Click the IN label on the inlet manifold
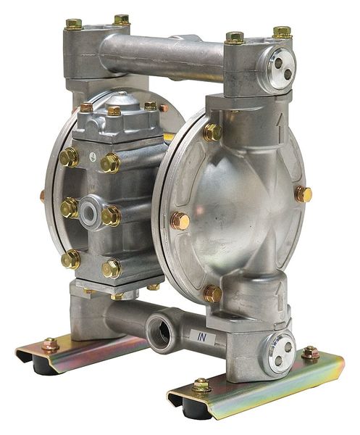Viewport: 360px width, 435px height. click(202, 337)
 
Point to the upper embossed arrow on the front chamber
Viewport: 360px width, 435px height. click(281, 126)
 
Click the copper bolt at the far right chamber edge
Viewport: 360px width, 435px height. click(304, 194)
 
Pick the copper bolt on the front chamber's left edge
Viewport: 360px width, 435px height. click(180, 221)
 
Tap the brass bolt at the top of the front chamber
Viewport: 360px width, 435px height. click(212, 132)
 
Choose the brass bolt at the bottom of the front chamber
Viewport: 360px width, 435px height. click(213, 294)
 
